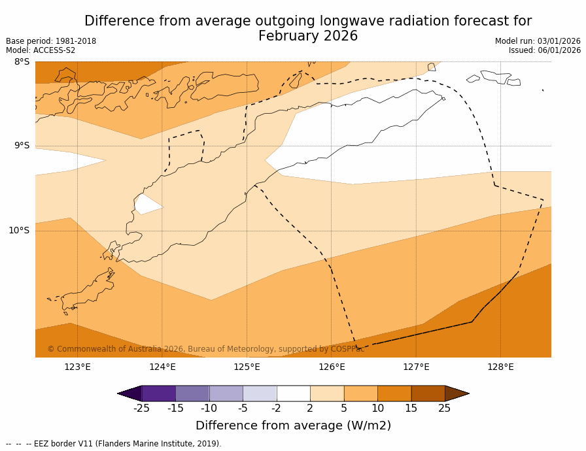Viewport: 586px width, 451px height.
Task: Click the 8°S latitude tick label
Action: point(22,62)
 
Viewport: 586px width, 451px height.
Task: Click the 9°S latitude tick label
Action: point(22,146)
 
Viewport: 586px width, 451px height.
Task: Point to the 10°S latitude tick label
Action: point(19,230)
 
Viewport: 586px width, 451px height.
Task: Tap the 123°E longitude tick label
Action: point(77,367)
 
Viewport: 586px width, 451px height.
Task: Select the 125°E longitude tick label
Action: point(247,367)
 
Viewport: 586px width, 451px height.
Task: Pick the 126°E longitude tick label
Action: point(332,367)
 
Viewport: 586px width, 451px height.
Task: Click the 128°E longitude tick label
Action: point(500,367)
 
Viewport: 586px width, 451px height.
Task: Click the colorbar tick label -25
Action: point(141,409)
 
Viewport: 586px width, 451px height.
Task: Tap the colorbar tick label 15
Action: point(411,409)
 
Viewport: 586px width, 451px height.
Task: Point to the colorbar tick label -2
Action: point(276,409)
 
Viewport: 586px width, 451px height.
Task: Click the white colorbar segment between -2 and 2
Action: point(293,393)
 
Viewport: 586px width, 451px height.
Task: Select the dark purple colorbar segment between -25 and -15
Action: point(158,393)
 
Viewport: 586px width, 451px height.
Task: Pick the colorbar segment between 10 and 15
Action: point(394,393)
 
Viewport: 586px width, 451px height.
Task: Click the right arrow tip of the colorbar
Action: point(467,393)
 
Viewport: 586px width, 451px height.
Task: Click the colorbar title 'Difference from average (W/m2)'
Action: point(293,426)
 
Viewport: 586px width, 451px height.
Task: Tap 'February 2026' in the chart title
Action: point(308,37)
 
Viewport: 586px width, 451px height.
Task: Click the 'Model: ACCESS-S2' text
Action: point(41,50)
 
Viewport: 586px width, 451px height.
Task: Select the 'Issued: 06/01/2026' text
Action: point(545,50)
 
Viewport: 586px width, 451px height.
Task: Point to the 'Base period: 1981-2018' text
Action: point(51,41)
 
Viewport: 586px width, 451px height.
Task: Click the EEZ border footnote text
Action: point(114,444)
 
